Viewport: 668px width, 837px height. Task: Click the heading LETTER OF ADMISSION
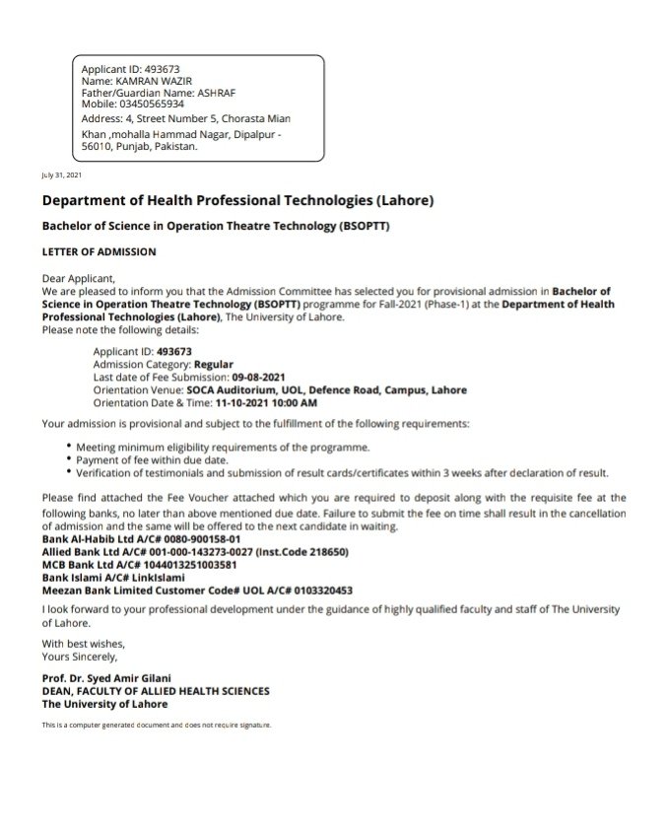pyautogui.click(x=99, y=251)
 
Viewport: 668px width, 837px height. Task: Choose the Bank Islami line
pyautogui.click(x=113, y=578)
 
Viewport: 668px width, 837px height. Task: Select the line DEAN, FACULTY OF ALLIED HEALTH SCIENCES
pyautogui.click(x=156, y=692)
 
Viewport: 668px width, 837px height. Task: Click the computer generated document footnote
pyautogui.click(x=156, y=725)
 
